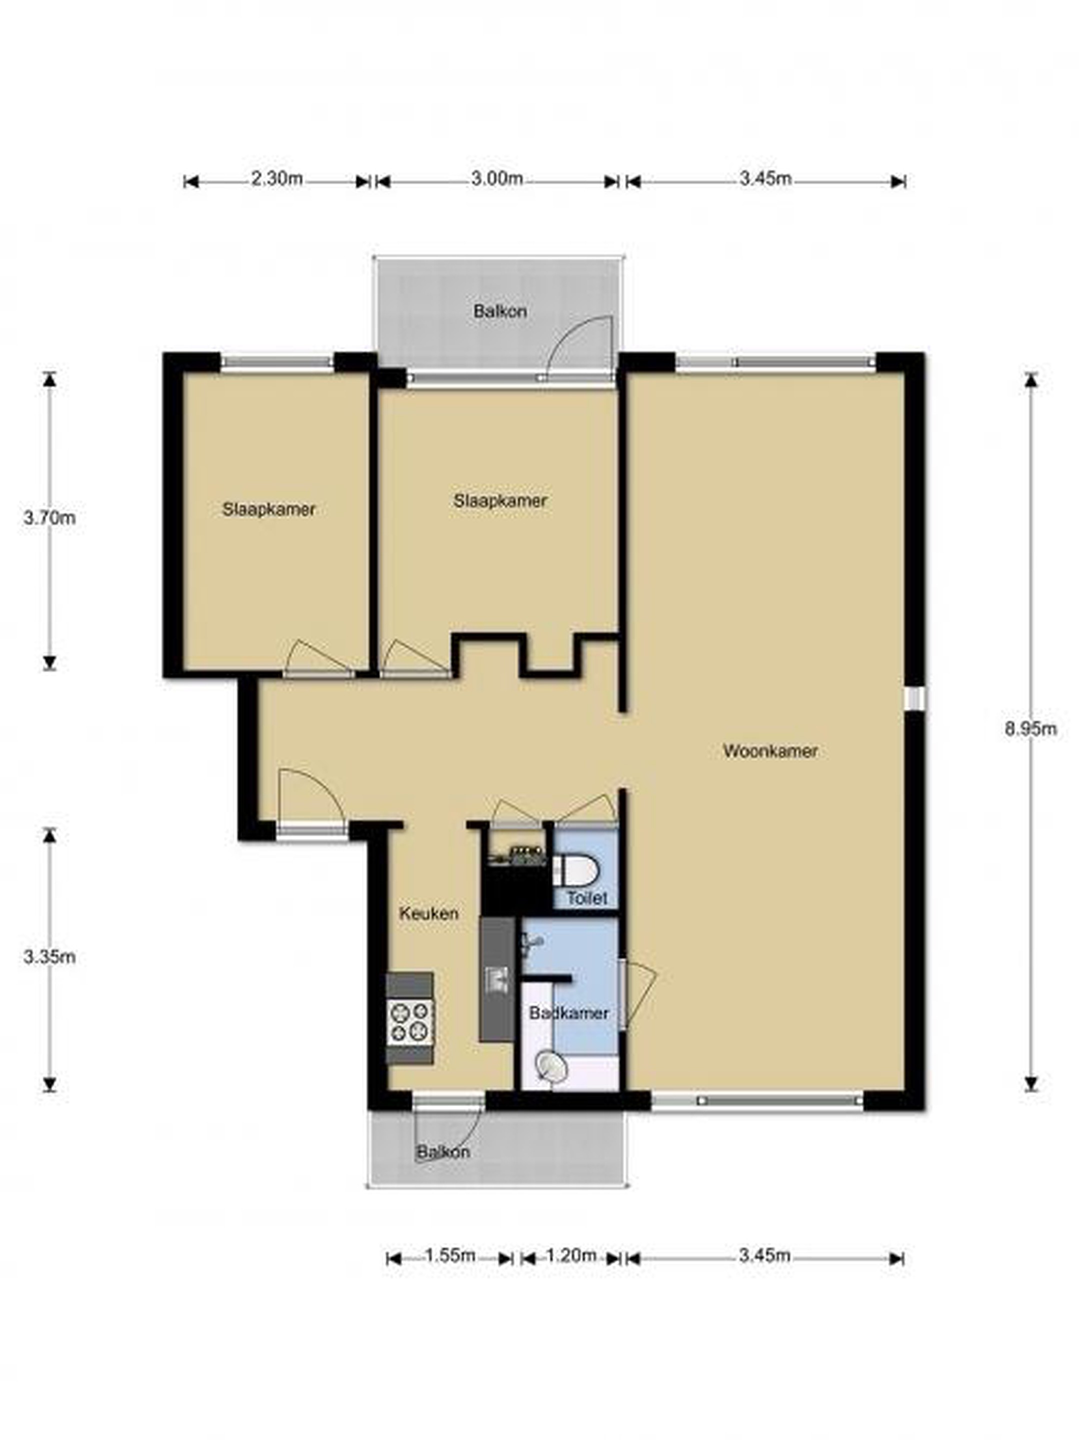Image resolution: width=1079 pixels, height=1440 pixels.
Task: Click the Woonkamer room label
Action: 769,750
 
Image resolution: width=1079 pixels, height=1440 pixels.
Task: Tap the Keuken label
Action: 428,913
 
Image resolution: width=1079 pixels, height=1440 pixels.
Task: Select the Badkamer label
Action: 568,1013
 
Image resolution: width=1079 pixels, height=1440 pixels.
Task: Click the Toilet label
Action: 586,898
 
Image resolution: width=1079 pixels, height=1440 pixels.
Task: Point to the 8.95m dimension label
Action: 1030,729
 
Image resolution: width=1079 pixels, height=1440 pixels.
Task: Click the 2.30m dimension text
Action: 277,178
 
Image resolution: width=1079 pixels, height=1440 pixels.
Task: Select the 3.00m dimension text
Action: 497,178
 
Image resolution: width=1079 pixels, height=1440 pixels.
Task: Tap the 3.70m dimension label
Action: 49,517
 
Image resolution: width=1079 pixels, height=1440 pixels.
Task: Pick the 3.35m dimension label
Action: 49,956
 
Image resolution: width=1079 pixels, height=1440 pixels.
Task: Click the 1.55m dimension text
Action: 450,1254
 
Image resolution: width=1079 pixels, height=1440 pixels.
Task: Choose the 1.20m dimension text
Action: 570,1254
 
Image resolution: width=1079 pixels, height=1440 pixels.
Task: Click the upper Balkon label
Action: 500,311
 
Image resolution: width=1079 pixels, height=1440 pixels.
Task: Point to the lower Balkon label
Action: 443,1151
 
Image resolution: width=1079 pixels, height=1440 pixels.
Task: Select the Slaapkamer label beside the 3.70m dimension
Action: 269,509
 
